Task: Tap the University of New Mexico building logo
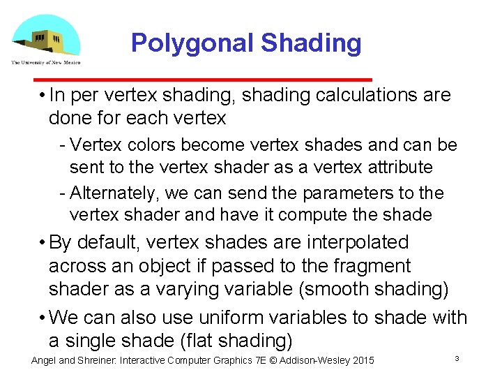click(46, 36)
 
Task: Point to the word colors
click(151, 145)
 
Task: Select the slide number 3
click(456, 359)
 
